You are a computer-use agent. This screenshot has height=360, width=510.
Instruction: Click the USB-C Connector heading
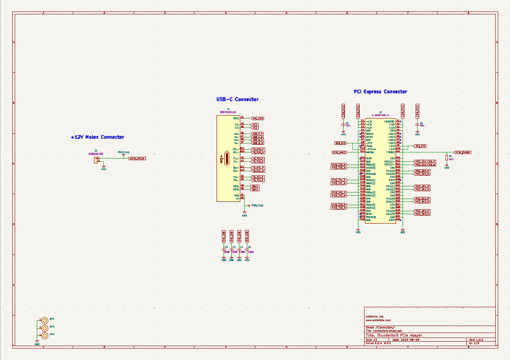coord(237,99)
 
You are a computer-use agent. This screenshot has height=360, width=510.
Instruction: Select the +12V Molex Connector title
coord(97,137)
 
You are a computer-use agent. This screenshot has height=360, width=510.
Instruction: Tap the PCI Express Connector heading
coord(380,92)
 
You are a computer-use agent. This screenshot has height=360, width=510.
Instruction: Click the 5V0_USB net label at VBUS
coord(257,119)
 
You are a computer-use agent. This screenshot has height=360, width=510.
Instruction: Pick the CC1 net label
coord(255,124)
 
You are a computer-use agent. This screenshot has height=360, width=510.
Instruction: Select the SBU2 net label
coord(255,189)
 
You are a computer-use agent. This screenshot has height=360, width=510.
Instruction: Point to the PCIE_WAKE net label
coord(339,152)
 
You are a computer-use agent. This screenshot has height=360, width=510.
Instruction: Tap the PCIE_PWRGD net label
coord(463,152)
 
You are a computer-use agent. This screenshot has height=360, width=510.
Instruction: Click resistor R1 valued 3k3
coord(447,157)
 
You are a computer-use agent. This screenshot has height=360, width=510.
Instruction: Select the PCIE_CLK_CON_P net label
coord(425,161)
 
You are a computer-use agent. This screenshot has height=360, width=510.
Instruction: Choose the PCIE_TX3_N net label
coord(339,208)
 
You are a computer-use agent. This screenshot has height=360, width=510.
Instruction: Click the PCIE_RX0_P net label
coord(422,171)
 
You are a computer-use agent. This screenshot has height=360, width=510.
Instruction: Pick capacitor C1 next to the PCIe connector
coord(343,124)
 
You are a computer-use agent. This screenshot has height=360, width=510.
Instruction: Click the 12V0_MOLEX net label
coord(137,158)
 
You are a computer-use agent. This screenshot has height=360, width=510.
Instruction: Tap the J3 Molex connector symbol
coord(96,159)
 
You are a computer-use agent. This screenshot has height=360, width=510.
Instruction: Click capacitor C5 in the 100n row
coord(247,250)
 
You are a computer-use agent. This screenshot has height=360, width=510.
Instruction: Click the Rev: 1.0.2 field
coord(476,340)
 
